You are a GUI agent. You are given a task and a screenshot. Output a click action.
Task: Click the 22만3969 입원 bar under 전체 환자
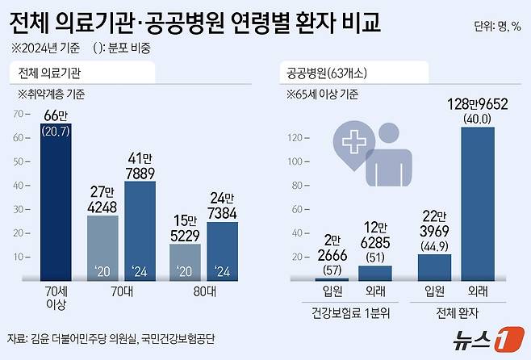(435, 267)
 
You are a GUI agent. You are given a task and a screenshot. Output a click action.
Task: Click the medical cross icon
(355, 144)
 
